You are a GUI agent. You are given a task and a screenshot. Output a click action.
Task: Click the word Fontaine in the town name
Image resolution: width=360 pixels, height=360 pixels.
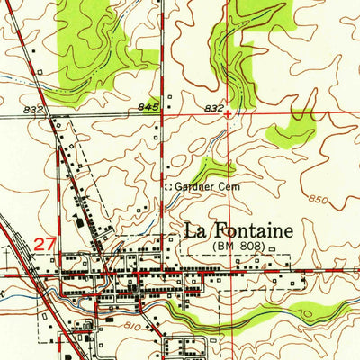[255, 230]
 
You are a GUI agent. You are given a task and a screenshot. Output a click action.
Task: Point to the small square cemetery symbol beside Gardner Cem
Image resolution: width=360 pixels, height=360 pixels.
[167, 186]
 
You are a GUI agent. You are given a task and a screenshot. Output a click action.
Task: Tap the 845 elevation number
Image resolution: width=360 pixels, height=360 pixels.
[149, 108]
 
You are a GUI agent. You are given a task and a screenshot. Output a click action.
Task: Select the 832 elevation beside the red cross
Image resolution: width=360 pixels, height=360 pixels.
[212, 108]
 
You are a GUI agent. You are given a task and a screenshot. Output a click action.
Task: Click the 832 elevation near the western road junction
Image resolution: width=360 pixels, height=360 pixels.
[34, 109]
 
